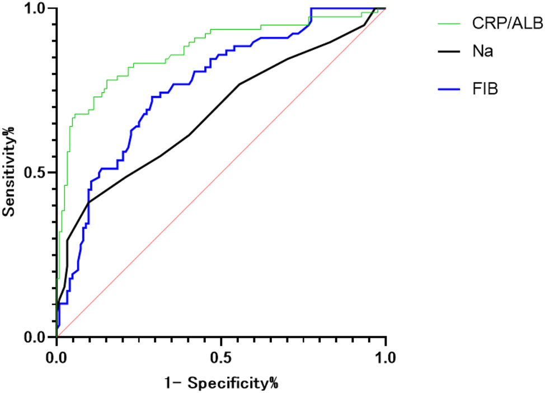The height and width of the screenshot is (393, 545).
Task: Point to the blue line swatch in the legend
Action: pyautogui.click(x=448, y=88)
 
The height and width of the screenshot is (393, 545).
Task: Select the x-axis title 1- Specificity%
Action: pyautogui.click(x=222, y=383)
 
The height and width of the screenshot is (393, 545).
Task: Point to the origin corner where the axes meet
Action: pyautogui.click(x=57, y=337)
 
